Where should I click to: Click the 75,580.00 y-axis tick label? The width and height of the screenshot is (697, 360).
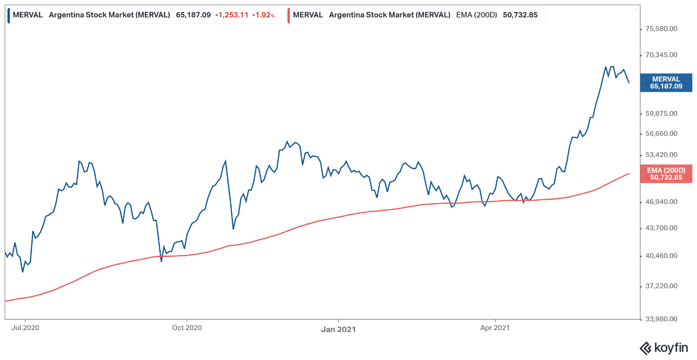pyautogui.click(x=661, y=29)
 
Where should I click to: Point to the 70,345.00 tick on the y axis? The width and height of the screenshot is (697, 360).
pyautogui.click(x=661, y=55)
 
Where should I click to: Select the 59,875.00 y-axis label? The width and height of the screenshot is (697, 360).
pyautogui.click(x=661, y=114)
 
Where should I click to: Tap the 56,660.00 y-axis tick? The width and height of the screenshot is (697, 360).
pyautogui.click(x=661, y=134)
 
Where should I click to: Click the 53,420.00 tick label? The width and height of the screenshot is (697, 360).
pyautogui.click(x=661, y=155)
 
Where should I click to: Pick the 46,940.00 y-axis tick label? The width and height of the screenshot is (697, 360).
pyautogui.click(x=661, y=202)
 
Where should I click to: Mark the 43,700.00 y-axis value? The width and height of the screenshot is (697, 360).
pyautogui.click(x=661, y=228)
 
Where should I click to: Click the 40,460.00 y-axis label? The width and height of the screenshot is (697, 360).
pyautogui.click(x=661, y=256)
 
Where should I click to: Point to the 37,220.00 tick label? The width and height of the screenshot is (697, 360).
pyautogui.click(x=661, y=286)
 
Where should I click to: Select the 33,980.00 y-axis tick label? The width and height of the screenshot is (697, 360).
pyautogui.click(x=661, y=319)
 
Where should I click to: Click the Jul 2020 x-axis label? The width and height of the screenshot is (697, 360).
pyautogui.click(x=25, y=328)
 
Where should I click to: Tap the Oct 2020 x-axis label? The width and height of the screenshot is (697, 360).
pyautogui.click(x=187, y=328)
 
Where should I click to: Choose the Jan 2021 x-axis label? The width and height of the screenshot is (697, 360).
pyautogui.click(x=338, y=329)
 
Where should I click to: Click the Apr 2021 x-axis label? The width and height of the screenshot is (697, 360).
pyautogui.click(x=494, y=328)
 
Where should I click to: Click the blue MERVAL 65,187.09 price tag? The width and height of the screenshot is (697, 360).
pyautogui.click(x=666, y=82)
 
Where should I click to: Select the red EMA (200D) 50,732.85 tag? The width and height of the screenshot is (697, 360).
pyautogui.click(x=666, y=174)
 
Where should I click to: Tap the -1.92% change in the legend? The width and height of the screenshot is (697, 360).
pyautogui.click(x=263, y=15)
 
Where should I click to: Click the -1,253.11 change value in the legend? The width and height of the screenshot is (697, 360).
pyautogui.click(x=232, y=15)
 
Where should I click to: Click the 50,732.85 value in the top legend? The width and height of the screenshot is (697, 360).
pyautogui.click(x=520, y=15)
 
